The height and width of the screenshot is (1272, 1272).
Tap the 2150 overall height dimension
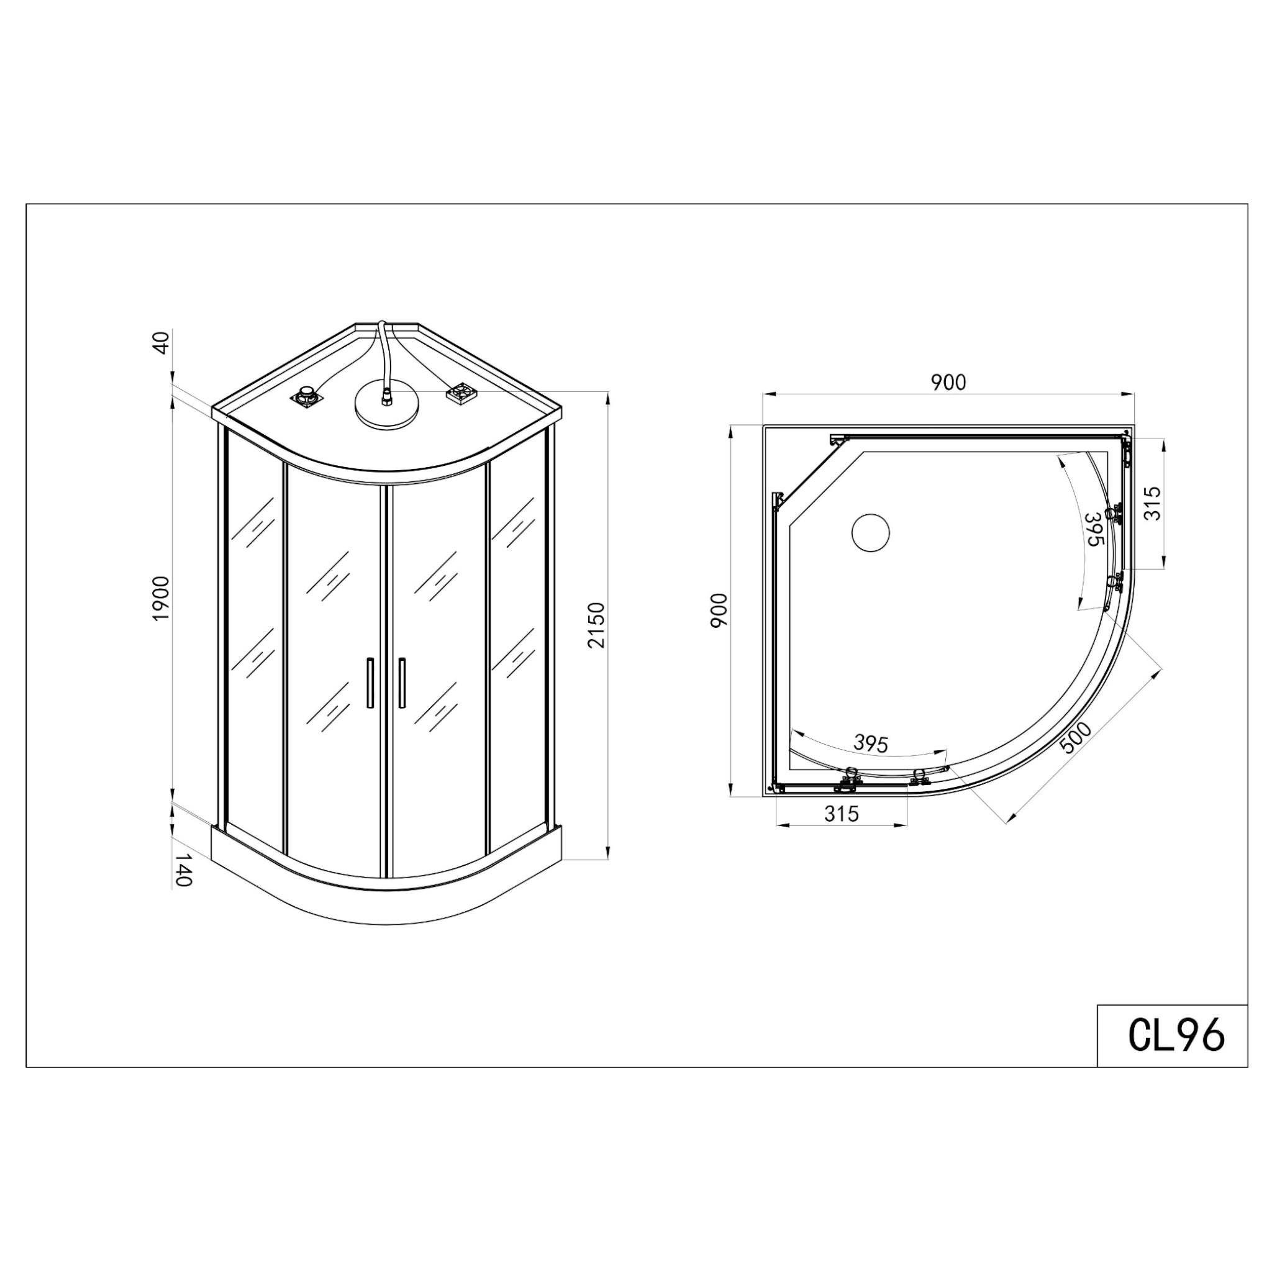tap(597, 625)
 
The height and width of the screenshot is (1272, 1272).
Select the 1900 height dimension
tap(161, 598)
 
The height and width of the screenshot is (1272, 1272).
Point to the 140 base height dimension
tap(184, 870)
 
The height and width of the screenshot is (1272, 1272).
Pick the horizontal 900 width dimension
tap(948, 382)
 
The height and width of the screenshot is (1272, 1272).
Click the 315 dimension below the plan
tap(842, 814)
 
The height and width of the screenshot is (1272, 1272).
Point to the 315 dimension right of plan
tap(1153, 503)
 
